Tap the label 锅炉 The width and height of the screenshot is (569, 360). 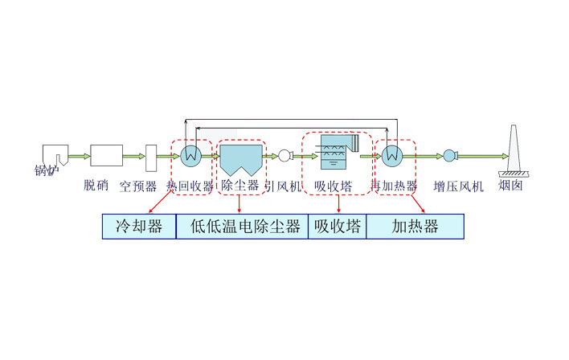tap(47, 170)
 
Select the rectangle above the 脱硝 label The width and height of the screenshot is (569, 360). tap(106, 155)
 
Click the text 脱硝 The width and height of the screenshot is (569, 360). tap(96, 186)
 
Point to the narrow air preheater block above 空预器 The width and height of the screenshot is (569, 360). tap(150, 156)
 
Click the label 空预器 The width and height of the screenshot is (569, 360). tap(137, 186)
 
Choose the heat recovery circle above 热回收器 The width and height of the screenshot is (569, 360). tap(190, 156)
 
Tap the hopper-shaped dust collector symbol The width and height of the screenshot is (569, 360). tap(241, 159)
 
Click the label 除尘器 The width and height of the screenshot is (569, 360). tap(239, 186)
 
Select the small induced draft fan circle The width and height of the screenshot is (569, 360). tap(285, 156)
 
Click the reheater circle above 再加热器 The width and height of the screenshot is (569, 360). tap(392, 156)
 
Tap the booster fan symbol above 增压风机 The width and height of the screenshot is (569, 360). tap(449, 156)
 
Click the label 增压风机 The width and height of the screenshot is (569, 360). tap(458, 186)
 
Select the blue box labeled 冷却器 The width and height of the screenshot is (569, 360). tap(139, 227)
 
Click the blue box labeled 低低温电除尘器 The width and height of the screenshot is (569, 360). tap(242, 227)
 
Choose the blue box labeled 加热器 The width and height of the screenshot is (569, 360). tap(415, 227)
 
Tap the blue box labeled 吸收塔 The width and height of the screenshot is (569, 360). tap(337, 227)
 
